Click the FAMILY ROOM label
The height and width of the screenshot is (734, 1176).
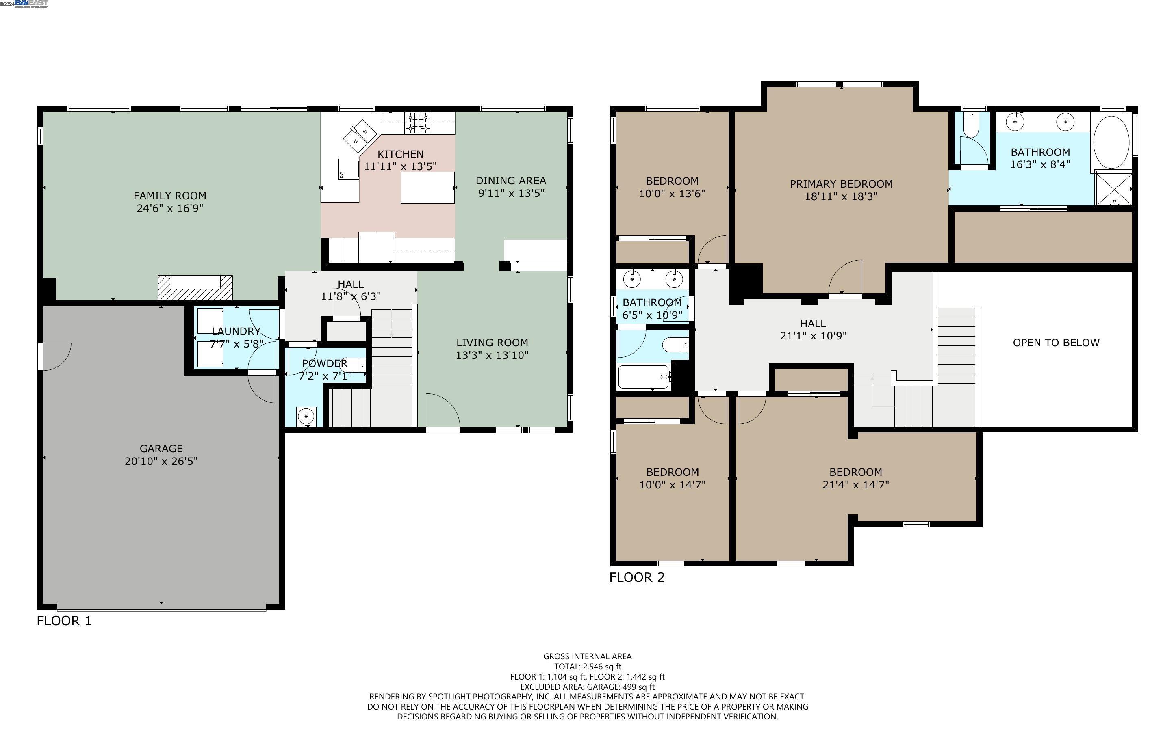tap(169, 196)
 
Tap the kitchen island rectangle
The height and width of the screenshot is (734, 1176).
tap(427, 188)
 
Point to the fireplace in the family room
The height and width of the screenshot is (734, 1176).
tap(195, 287)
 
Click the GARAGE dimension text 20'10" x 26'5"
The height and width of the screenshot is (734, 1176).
tap(161, 461)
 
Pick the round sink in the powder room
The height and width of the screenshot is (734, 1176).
tap(306, 417)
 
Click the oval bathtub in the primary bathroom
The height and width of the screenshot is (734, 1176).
tap(1111, 142)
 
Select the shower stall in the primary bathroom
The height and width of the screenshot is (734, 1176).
tap(1113, 188)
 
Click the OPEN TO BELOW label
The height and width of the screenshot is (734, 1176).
tap(1056, 343)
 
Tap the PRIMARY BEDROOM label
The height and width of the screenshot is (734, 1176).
tap(840, 184)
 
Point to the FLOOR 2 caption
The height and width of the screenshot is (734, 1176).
tap(636, 577)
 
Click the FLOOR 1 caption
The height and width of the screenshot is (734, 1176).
tap(64, 621)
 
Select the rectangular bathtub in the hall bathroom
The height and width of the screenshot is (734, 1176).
tap(644, 377)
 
